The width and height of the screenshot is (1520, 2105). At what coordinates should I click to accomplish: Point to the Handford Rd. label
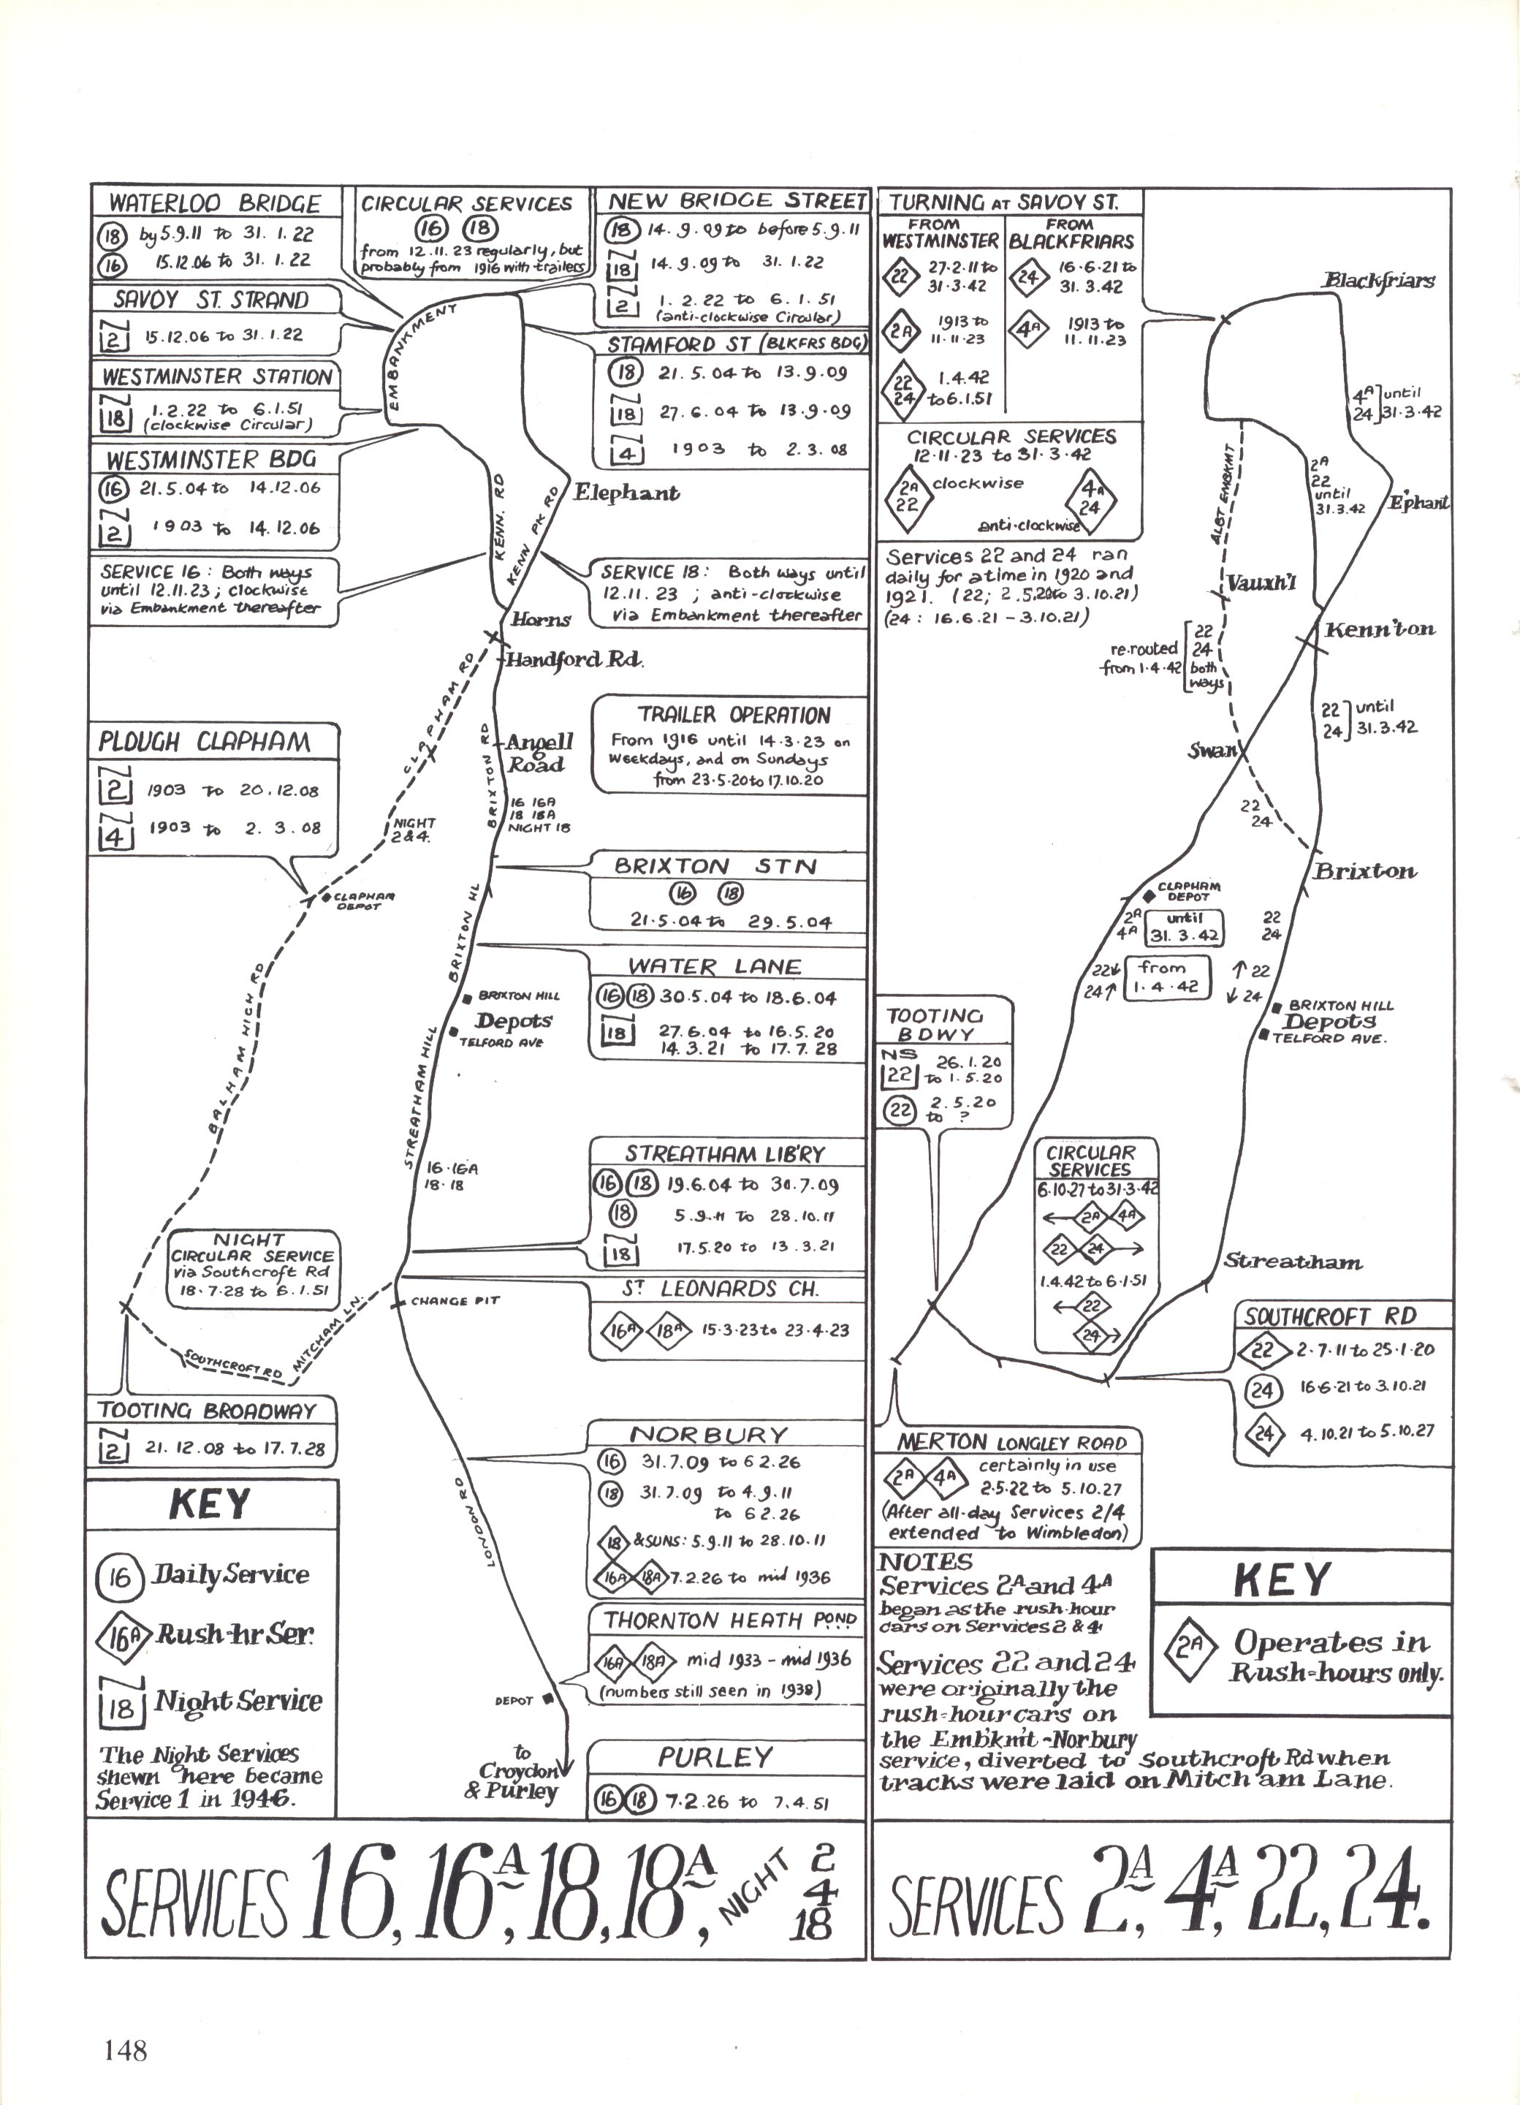tap(574, 661)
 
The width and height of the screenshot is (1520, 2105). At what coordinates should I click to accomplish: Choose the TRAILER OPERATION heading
tap(733, 715)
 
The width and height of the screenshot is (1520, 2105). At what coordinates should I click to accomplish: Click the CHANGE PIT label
tap(455, 1300)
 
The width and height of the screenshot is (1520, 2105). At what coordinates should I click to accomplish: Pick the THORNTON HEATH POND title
tap(729, 1621)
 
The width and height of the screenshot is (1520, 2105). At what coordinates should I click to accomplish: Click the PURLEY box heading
tap(715, 1757)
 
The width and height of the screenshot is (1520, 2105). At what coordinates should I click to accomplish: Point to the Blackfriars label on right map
tap(1378, 280)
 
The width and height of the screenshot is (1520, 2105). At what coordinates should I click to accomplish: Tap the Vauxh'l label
tap(1260, 584)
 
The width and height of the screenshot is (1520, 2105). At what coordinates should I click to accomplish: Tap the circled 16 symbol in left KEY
tap(120, 1576)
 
